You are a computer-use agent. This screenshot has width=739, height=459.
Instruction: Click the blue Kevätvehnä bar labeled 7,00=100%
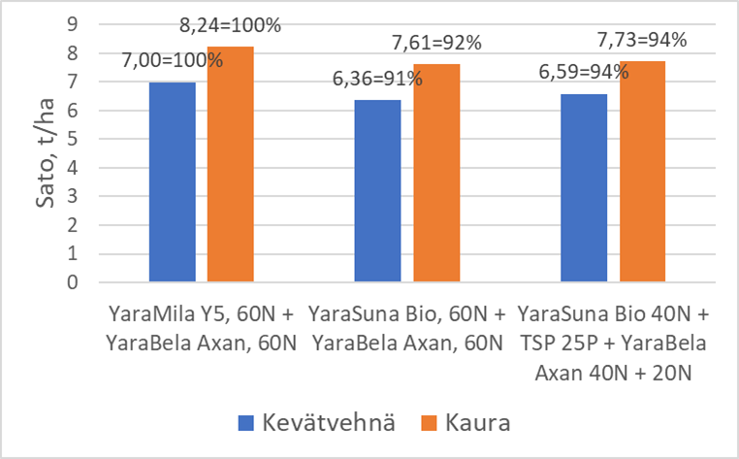click(172, 182)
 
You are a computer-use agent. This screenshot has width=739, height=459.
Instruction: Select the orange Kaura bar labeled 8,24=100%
click(230, 165)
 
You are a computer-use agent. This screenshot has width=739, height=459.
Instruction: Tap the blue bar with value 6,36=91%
click(377, 191)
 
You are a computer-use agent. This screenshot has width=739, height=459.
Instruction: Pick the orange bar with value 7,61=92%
click(435, 174)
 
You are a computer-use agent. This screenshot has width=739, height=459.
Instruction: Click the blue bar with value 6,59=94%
click(585, 188)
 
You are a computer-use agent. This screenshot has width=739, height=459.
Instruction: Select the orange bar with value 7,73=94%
click(643, 172)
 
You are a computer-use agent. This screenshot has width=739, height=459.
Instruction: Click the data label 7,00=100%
click(173, 60)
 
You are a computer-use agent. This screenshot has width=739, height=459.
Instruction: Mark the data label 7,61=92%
click(435, 44)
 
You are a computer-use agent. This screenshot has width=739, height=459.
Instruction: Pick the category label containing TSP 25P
click(613, 344)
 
